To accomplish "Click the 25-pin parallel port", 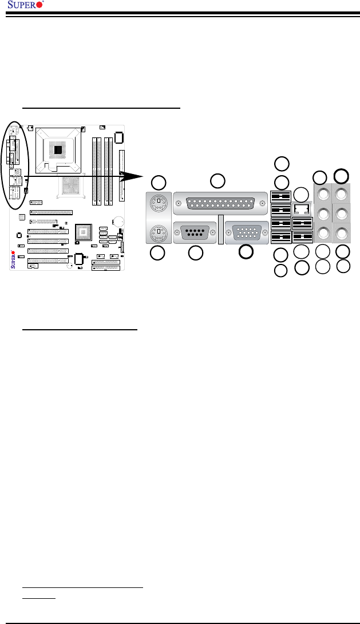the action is coord(220,203).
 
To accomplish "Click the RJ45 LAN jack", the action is coord(302,209).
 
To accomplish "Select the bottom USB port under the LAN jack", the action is coord(302,235).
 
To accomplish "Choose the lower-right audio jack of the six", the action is coord(342,233).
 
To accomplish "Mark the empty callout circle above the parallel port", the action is coord(217,181).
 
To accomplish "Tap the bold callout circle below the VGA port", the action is coord(246,251).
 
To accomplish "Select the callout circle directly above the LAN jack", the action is coord(300,193).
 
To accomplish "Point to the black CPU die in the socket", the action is coord(58,149).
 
